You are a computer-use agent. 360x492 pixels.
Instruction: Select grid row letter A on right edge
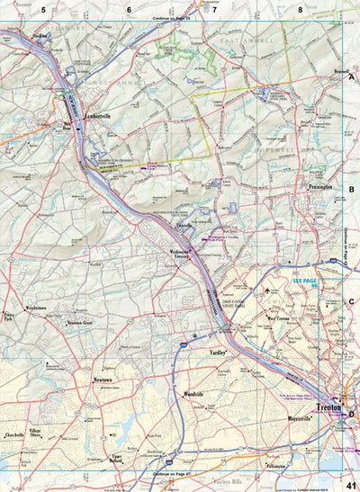pos(352,77)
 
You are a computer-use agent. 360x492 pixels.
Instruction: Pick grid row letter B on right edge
pos(352,190)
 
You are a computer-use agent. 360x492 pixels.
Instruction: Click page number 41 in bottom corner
pos(350,485)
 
